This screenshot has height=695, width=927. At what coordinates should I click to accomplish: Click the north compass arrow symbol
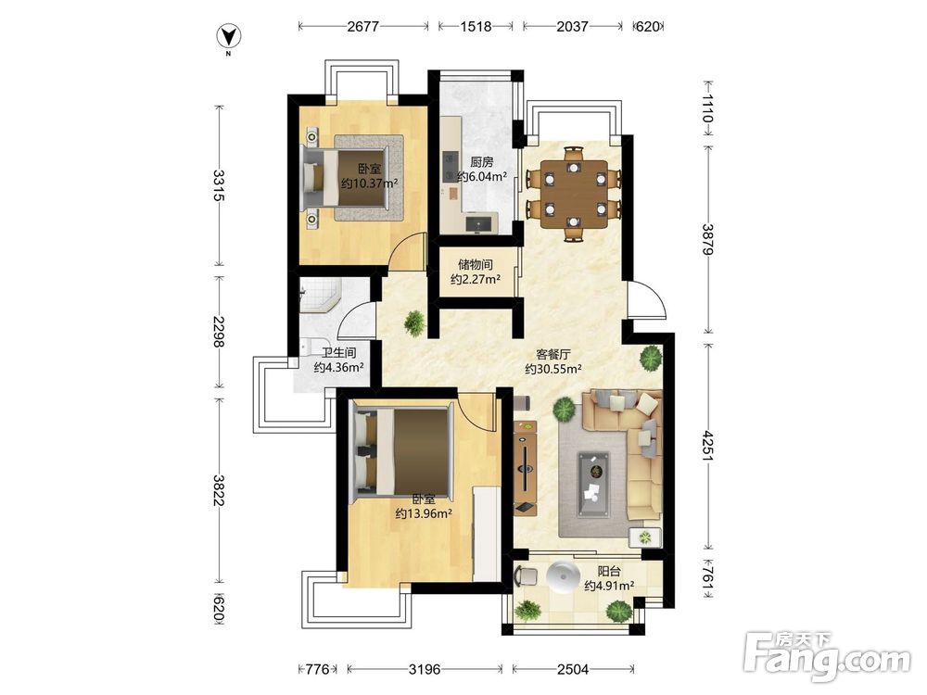coord(229,37)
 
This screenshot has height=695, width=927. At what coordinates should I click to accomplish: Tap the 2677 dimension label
coord(363,27)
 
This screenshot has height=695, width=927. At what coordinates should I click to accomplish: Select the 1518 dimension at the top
coord(476,27)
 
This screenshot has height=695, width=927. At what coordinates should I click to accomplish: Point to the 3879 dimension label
coord(708,239)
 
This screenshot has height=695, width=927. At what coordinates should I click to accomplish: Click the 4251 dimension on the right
coord(708,447)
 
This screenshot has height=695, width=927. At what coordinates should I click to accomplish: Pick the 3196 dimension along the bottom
coord(425,669)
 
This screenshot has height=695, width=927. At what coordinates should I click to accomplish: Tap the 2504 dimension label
coord(573,669)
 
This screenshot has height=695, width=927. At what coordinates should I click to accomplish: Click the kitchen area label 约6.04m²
coord(482,176)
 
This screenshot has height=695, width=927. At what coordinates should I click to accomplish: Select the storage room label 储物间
coord(476,264)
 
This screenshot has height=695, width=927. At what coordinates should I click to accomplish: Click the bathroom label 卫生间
coord(338,353)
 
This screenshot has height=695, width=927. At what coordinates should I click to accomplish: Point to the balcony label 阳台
coord(609,572)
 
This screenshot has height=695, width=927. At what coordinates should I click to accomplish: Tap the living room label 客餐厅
coord(553,355)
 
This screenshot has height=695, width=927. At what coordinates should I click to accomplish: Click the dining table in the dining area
coord(573,194)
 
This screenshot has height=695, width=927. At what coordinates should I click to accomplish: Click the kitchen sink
coord(479,223)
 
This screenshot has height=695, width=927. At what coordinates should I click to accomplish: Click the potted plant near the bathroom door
coord(415,323)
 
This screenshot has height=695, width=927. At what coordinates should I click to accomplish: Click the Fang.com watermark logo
coord(827,656)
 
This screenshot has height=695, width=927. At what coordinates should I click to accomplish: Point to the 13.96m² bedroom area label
coord(424,513)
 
